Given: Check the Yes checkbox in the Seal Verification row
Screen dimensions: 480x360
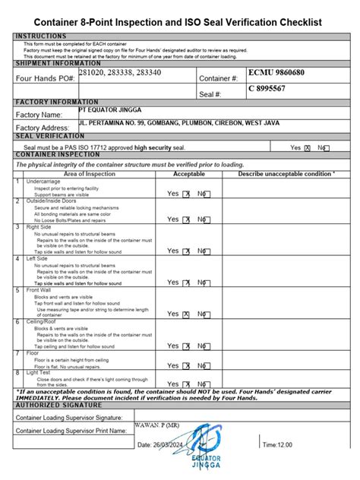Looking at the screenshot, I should point(308,148).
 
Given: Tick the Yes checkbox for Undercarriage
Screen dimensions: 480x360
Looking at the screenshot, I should point(186,194).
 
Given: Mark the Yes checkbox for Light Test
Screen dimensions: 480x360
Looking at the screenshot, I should point(186,384).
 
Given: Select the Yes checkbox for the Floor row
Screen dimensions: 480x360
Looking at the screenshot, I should point(186,365).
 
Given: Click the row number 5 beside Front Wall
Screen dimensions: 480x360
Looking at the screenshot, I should point(18,290).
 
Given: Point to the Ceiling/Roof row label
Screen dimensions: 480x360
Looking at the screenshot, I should point(43,321).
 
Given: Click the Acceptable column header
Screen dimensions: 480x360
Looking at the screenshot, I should point(189,174).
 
